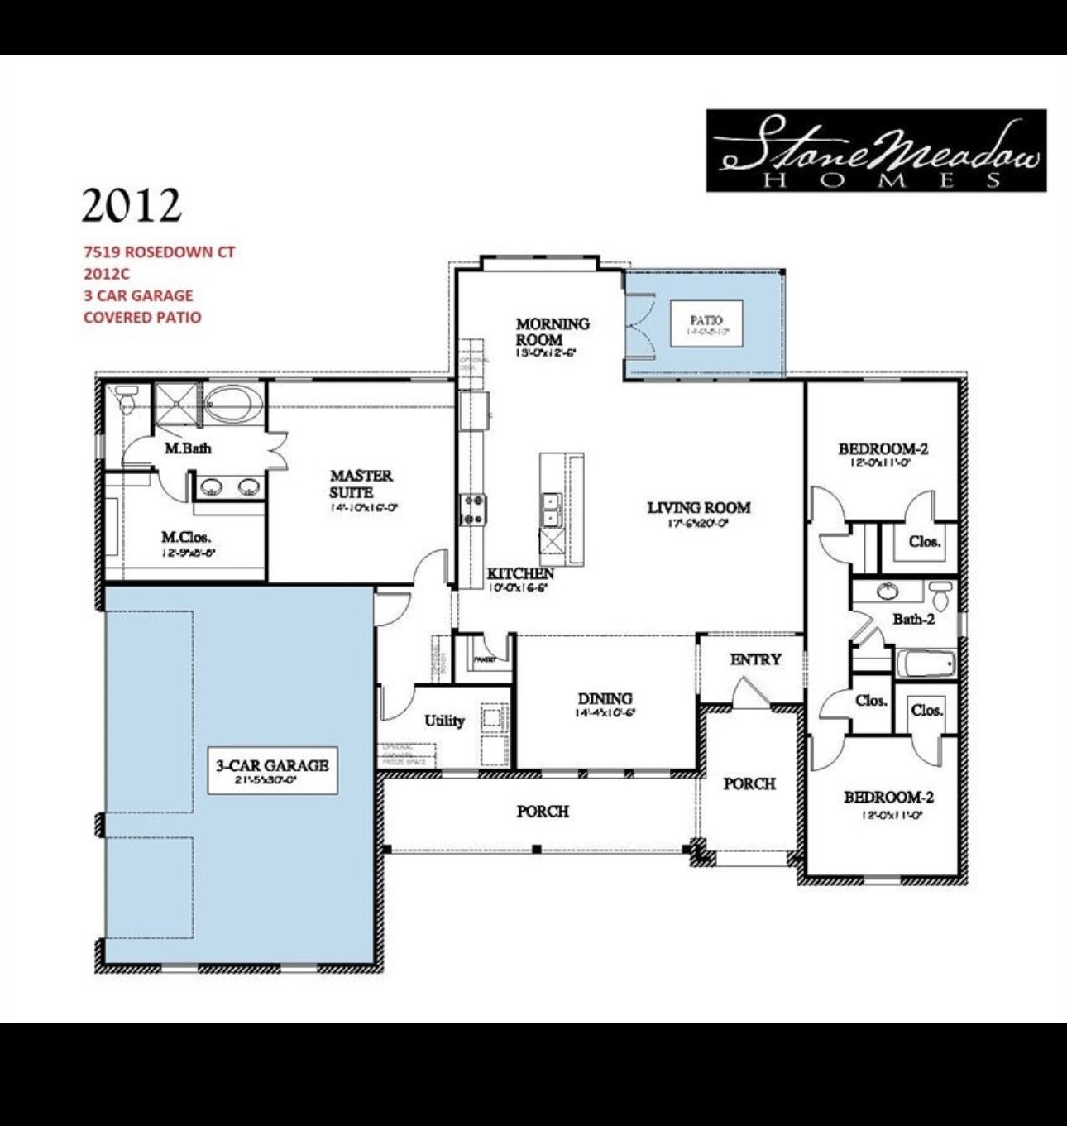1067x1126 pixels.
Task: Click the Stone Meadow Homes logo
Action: click(x=876, y=151)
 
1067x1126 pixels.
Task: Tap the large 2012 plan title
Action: click(x=132, y=204)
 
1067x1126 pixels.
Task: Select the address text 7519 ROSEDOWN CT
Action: click(x=159, y=252)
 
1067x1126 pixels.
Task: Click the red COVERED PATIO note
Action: click(x=142, y=317)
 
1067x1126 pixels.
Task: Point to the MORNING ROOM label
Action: click(x=552, y=331)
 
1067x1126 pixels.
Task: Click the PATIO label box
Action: click(x=706, y=324)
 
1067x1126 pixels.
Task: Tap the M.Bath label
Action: click(x=188, y=448)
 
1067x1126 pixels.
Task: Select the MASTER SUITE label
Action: click(x=361, y=484)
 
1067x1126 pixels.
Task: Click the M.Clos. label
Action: click(x=186, y=538)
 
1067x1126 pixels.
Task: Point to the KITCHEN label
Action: click(x=520, y=573)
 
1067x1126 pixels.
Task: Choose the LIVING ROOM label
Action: click(x=699, y=507)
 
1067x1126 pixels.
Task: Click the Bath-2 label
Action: click(x=913, y=619)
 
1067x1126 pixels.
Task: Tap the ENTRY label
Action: click(x=755, y=659)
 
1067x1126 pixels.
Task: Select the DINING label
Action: click(x=605, y=698)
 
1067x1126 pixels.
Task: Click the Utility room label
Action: click(x=444, y=721)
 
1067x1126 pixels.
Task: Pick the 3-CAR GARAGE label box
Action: click(x=272, y=770)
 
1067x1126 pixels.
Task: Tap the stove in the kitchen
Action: click(x=473, y=508)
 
